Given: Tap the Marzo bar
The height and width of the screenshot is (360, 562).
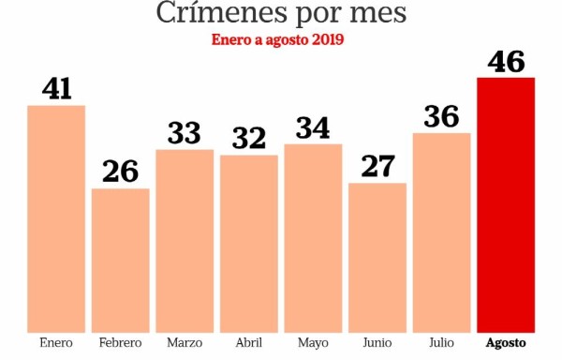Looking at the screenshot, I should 185,240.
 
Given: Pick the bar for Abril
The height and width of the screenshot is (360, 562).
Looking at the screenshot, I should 249,243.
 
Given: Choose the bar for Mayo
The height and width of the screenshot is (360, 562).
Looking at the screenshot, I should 313,237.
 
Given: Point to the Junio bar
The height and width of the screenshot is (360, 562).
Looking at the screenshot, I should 377,257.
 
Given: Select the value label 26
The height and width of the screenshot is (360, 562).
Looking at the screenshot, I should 120,172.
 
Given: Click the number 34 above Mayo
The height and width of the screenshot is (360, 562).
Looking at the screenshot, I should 313,127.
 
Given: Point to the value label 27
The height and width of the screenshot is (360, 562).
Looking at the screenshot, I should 377,166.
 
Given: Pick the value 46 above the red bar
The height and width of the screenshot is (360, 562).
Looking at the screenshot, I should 506,61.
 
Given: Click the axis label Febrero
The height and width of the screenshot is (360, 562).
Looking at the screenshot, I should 120,343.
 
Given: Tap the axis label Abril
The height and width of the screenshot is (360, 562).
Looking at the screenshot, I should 249,343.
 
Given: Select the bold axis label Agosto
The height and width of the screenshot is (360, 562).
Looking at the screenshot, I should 506,343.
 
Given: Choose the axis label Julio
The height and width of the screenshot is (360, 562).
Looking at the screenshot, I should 441,343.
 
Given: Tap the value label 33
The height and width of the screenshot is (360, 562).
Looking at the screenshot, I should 185,132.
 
